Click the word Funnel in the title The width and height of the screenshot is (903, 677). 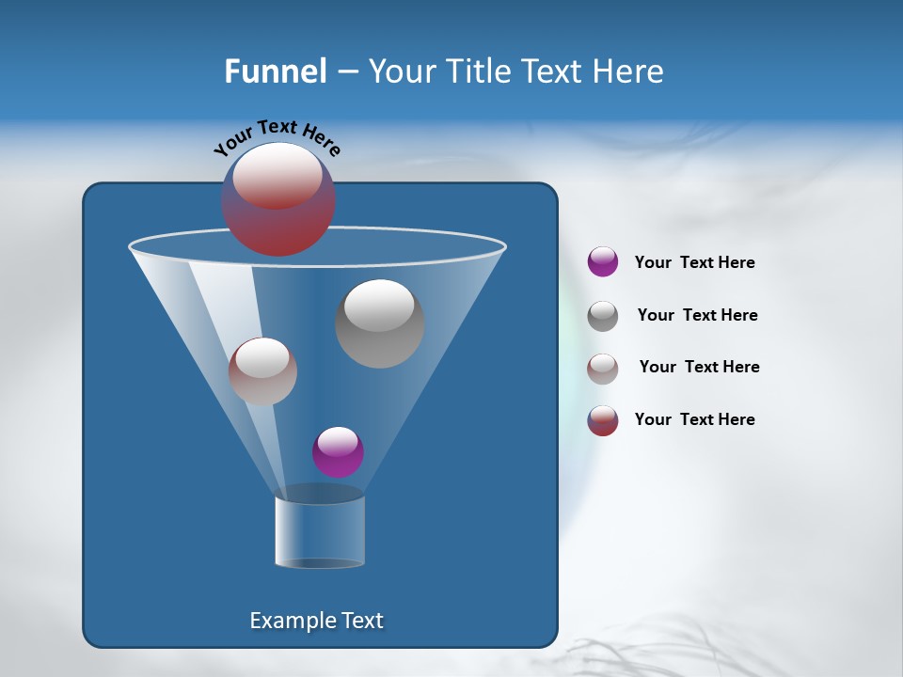(x=275, y=71)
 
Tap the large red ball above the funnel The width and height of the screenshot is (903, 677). (x=278, y=199)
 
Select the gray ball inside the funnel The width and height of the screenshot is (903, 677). (x=379, y=323)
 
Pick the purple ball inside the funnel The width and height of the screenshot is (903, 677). (x=338, y=452)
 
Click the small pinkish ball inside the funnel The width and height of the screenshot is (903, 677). (x=262, y=371)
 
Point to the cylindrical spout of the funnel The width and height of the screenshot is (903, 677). (x=319, y=530)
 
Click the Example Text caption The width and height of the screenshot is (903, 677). (x=317, y=621)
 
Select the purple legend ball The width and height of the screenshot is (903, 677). (x=603, y=261)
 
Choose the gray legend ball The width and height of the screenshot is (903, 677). (x=603, y=315)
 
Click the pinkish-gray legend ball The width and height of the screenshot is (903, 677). (x=603, y=368)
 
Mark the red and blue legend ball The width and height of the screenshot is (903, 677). (x=603, y=420)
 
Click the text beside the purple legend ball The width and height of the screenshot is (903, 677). (x=694, y=263)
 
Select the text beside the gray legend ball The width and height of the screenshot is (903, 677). (x=697, y=316)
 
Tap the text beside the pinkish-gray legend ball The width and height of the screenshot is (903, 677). (x=699, y=368)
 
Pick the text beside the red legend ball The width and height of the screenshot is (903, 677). (x=694, y=420)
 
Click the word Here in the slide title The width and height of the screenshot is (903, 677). (x=629, y=71)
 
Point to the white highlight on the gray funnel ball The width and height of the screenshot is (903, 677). (x=379, y=305)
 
